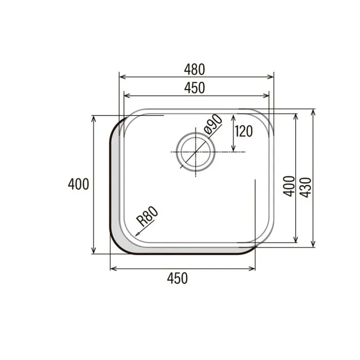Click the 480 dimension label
pos(194,69)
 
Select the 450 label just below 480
pos(194,88)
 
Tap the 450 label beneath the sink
pos(177,278)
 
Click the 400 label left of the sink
pos(78,184)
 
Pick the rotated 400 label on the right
pos(289,186)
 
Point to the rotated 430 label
pos(306,187)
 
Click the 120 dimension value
pos(244,131)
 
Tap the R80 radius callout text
pos(147,216)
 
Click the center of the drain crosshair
pos(195,152)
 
